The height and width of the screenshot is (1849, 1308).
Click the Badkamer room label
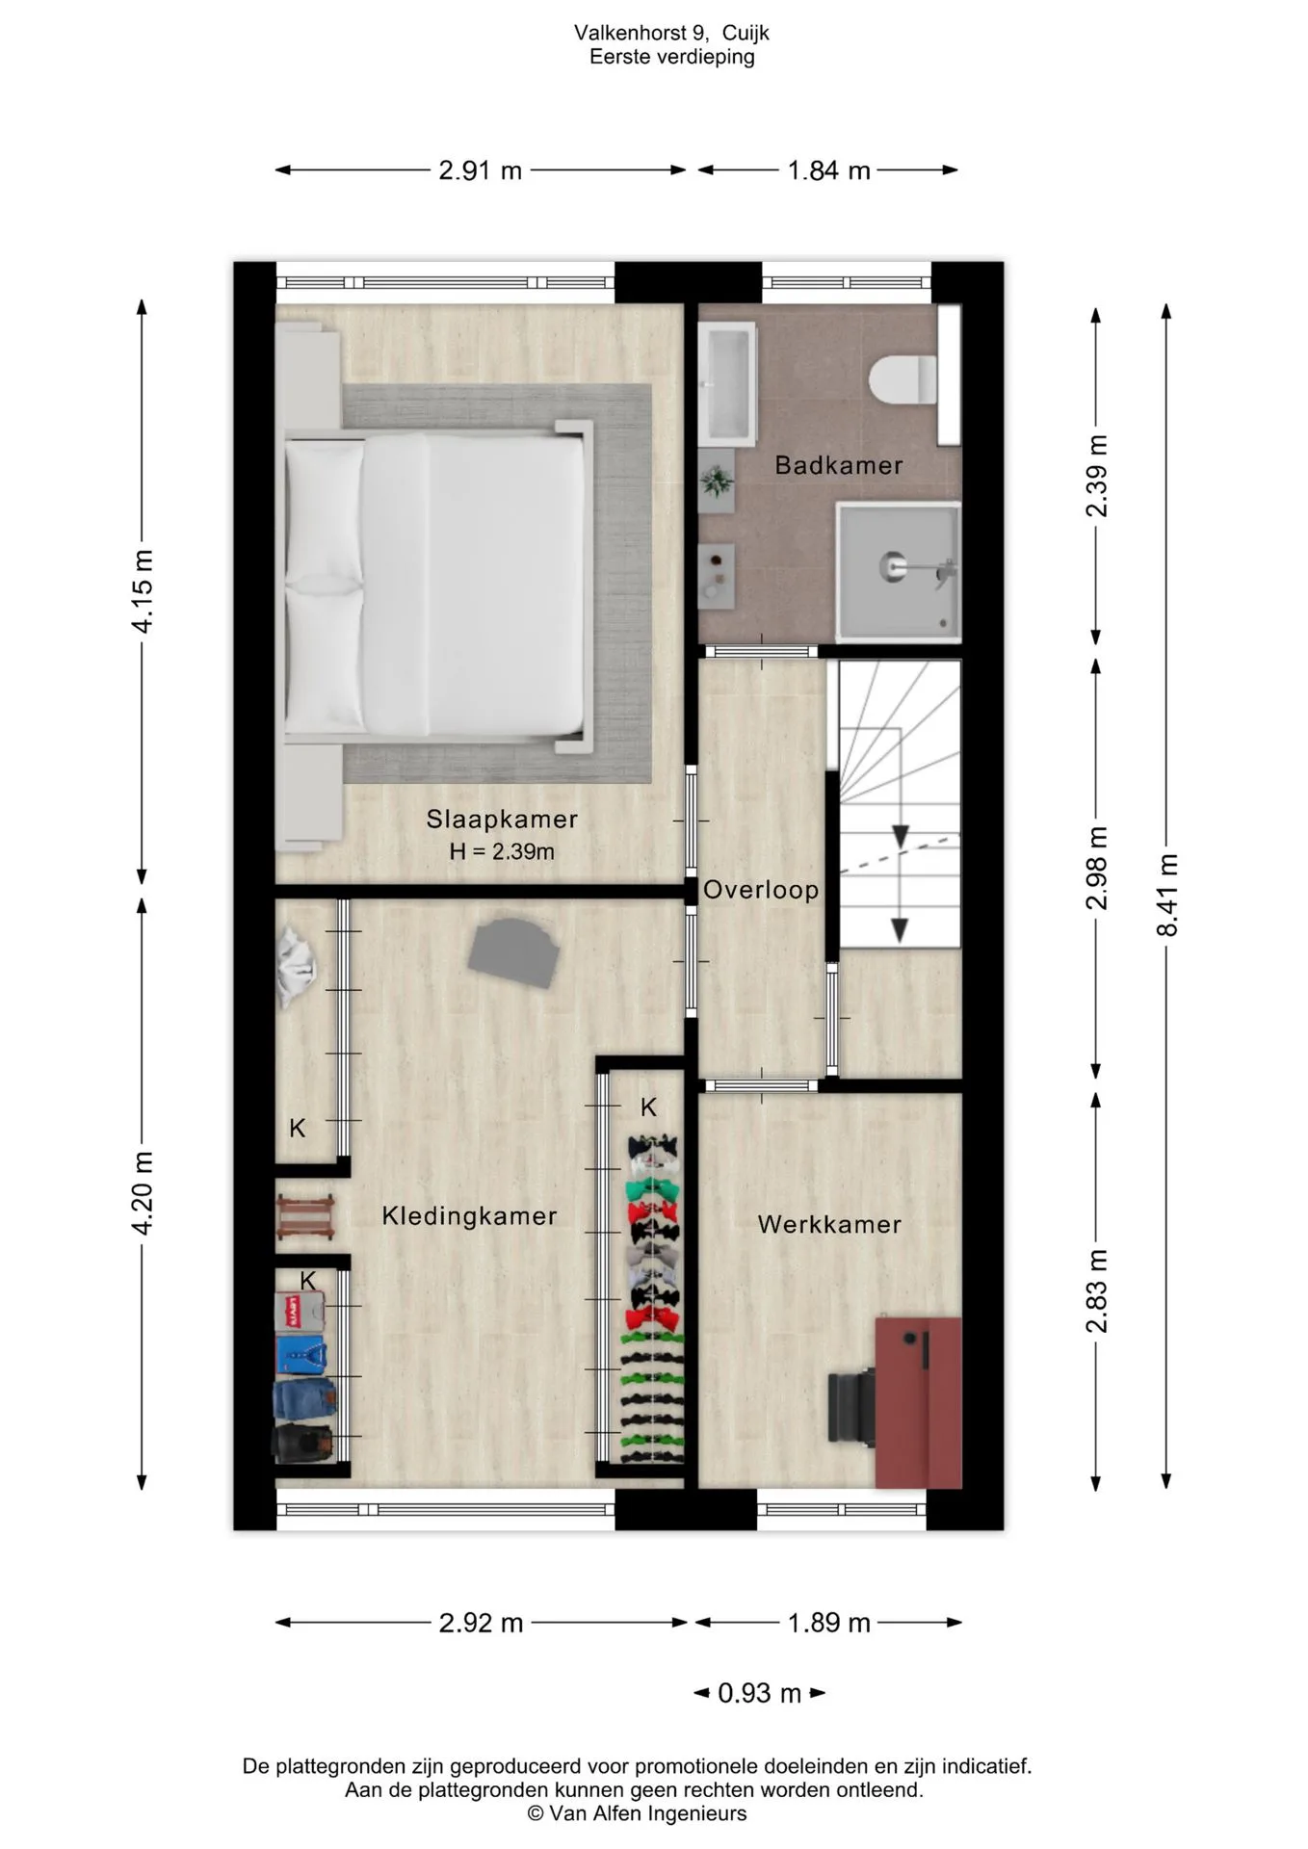838,465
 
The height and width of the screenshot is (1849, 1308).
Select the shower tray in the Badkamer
899,571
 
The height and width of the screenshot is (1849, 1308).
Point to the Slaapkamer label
502,820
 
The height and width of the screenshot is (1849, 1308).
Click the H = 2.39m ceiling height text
502,851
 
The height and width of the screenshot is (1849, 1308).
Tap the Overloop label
761,890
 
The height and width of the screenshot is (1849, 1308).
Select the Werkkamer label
829,1225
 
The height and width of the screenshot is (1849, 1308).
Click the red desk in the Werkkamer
918,1403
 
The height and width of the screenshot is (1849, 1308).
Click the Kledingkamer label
469,1216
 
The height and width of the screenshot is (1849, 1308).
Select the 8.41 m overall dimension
1167,895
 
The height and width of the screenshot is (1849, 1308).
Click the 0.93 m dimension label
759,1693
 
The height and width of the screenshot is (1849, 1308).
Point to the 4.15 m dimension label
143,590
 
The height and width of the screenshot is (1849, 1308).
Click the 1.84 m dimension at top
828,170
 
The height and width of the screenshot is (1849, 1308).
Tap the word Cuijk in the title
746,34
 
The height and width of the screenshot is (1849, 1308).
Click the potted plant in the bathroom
717,480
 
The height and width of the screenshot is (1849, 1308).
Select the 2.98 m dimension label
1096,868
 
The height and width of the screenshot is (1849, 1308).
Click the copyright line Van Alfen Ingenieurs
637,1813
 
